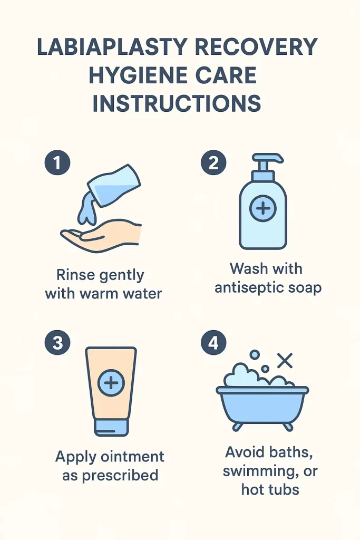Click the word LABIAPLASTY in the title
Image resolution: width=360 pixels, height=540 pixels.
[113, 46]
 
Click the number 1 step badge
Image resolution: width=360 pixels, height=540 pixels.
[57, 162]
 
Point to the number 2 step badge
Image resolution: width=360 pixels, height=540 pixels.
[213, 162]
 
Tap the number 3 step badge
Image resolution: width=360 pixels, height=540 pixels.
[57, 343]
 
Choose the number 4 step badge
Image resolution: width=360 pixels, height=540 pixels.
[213, 343]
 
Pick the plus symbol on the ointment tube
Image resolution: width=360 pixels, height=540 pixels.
[111, 383]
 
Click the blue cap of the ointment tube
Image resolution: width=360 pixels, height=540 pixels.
[111, 427]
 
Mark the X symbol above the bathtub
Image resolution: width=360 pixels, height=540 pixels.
[285, 361]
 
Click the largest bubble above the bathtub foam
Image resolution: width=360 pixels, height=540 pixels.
[255, 355]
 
